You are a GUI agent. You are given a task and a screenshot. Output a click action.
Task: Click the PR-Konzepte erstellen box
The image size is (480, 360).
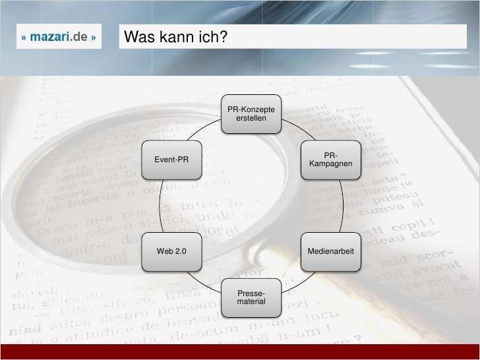pyautogui.click(x=251, y=113)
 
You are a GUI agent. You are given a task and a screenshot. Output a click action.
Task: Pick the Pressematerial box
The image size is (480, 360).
pyautogui.click(x=251, y=297)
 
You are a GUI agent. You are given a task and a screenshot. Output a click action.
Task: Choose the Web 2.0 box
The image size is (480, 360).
pyautogui.click(x=171, y=252)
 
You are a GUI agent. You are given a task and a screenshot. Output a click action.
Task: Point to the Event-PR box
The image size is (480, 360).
pyautogui.click(x=171, y=159)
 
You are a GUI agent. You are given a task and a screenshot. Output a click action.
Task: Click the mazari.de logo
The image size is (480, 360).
pyautogui.click(x=59, y=38)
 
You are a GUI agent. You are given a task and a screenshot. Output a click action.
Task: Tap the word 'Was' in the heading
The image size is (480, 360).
pyautogui.click(x=138, y=38)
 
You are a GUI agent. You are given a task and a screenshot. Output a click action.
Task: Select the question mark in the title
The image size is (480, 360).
pyautogui.click(x=224, y=38)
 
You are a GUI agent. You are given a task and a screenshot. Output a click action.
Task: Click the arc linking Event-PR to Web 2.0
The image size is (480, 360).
pyautogui.click(x=160, y=205)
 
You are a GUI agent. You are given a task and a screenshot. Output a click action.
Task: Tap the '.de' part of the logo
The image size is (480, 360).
pyautogui.click(x=80, y=38)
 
